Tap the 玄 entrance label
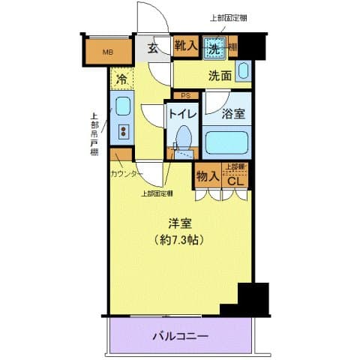point(152,49)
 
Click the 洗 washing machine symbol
point(215,46)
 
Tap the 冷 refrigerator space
point(121,76)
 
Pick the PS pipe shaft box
point(186,95)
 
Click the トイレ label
point(182,114)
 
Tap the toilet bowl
point(182,137)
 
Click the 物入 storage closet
point(206,177)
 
